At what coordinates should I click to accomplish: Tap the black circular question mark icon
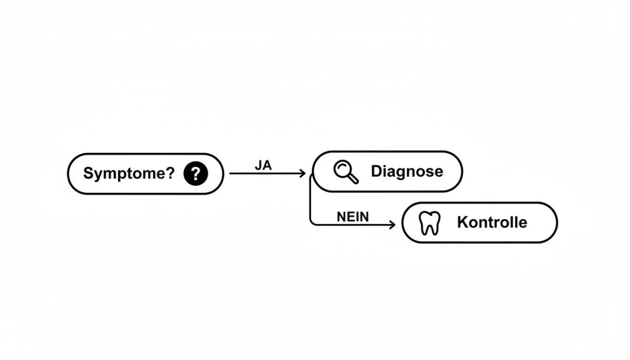(x=196, y=173)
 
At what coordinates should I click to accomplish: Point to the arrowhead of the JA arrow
(x=302, y=173)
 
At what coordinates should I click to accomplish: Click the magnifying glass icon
(x=346, y=172)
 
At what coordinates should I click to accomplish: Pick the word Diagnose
(x=406, y=171)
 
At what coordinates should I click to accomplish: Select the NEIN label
(x=352, y=216)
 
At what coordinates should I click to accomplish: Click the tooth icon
(x=430, y=223)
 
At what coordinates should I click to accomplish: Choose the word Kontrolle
(x=491, y=222)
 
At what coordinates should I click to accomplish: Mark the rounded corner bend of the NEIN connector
(x=312, y=223)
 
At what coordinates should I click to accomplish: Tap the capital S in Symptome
(x=88, y=174)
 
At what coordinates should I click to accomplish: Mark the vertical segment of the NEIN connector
(x=311, y=202)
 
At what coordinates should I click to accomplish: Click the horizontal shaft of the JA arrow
(x=265, y=173)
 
